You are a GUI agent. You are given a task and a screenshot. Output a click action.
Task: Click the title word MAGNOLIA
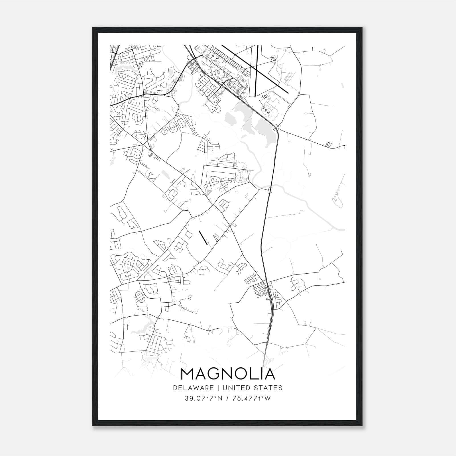click(228, 374)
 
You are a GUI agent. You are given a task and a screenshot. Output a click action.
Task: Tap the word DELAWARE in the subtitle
click(193, 388)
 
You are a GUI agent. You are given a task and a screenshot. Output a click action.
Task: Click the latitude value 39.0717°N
click(203, 398)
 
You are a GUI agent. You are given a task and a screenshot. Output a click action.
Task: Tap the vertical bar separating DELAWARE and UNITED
click(218, 388)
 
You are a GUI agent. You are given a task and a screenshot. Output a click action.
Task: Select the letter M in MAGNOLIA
click(188, 374)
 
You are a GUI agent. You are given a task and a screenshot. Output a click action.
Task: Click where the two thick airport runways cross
click(256, 70)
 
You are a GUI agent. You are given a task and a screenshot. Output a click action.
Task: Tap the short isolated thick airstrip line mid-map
click(203, 238)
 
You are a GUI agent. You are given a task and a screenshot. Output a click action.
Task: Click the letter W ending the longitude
click(267, 398)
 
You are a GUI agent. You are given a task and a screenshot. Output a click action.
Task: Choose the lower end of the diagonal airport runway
click(288, 93)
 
